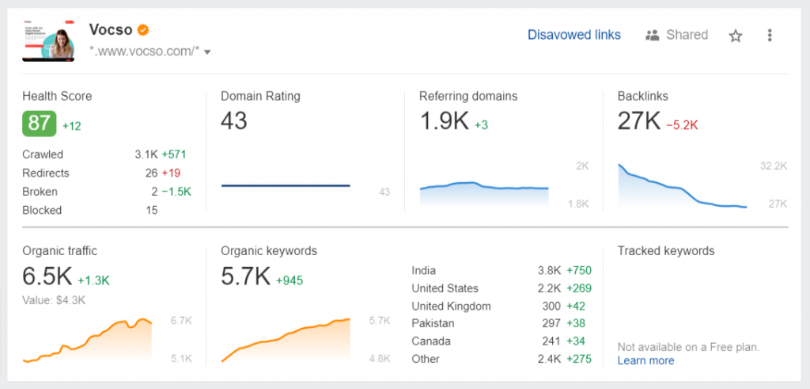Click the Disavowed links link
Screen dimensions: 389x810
point(573,35)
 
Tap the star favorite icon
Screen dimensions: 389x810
point(736,36)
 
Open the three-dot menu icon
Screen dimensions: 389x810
point(770,36)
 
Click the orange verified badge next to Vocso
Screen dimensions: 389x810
point(143,30)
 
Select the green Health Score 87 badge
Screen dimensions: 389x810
point(39,124)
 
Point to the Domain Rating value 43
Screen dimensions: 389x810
point(234,121)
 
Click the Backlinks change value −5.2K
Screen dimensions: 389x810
point(681,124)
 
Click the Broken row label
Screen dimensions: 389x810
point(40,192)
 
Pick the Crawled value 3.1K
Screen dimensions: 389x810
point(146,154)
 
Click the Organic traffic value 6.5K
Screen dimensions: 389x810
point(47,277)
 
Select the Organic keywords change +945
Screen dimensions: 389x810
point(290,280)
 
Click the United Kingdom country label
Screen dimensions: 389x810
point(451,306)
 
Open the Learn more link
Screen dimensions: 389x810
point(645,360)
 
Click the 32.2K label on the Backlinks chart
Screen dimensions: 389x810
point(774,166)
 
